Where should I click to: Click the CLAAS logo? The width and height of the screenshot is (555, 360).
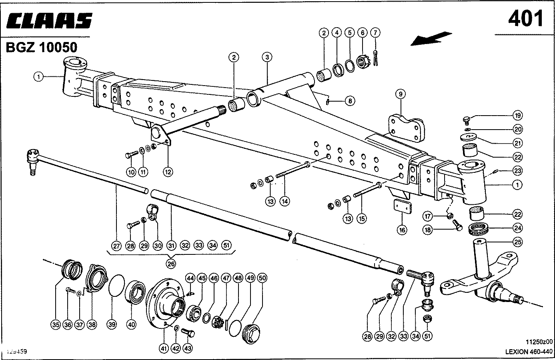click(x=49, y=21)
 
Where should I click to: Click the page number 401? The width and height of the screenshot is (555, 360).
click(x=526, y=18)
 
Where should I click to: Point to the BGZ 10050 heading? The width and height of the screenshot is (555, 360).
click(x=41, y=48)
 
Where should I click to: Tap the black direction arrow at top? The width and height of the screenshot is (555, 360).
click(x=433, y=38)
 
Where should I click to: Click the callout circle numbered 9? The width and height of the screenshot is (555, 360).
click(x=400, y=94)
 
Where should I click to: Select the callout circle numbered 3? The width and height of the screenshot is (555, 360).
click(x=268, y=57)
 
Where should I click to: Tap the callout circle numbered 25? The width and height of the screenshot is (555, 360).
click(x=517, y=242)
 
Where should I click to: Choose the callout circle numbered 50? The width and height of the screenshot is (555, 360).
click(x=262, y=278)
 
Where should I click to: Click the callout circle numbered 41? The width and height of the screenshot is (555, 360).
click(x=163, y=348)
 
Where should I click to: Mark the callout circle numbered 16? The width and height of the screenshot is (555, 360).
click(x=402, y=230)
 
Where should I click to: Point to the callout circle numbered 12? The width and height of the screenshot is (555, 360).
click(x=168, y=172)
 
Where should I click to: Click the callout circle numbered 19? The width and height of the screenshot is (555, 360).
click(x=517, y=116)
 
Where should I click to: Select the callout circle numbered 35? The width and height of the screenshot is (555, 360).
click(x=56, y=325)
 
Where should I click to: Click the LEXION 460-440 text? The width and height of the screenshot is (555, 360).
click(x=528, y=352)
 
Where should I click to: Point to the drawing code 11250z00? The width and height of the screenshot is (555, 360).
click(x=539, y=342)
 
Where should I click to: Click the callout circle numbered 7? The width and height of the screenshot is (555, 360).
click(x=375, y=32)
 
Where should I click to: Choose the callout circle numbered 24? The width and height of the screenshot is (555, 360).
click(x=517, y=228)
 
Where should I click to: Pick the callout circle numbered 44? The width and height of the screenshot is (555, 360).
click(x=190, y=278)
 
